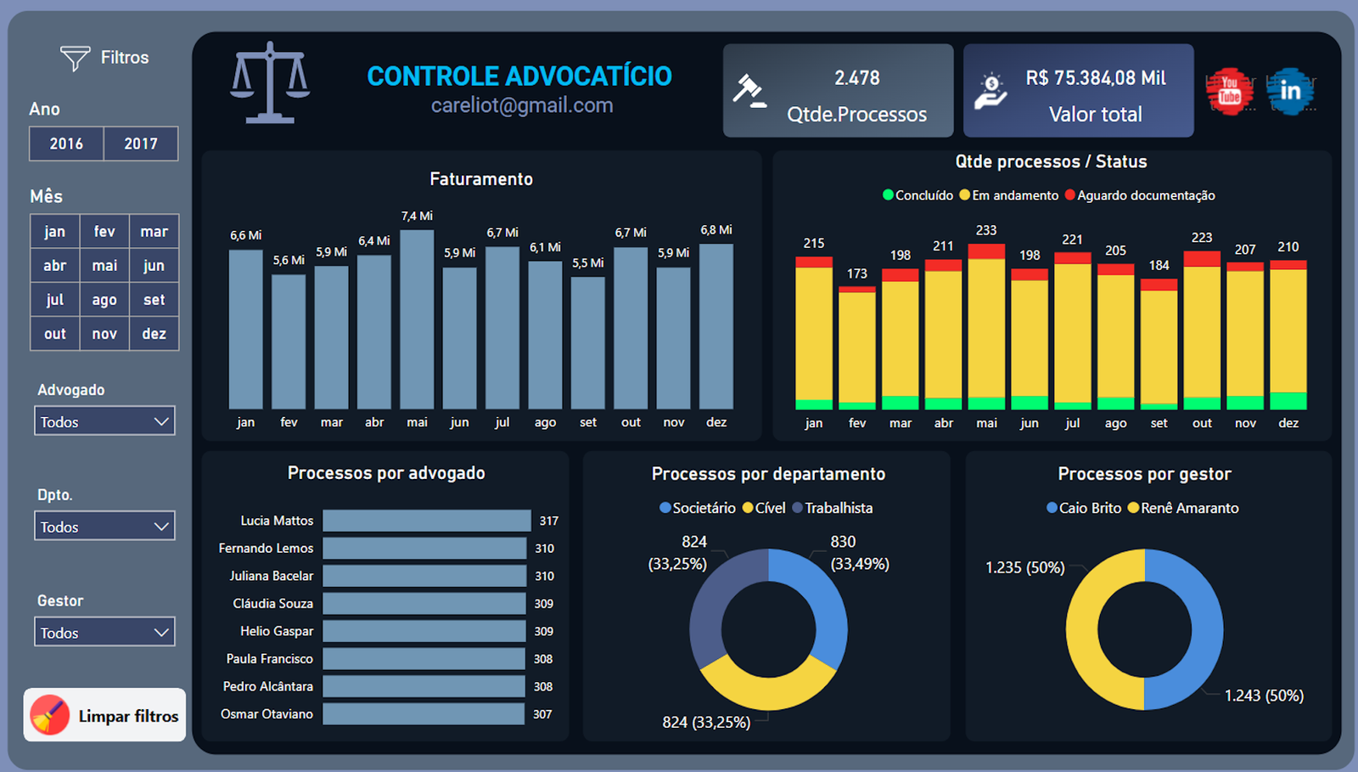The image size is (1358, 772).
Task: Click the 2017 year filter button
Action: pyautogui.click(x=141, y=144)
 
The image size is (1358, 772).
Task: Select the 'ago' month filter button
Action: pyautogui.click(x=104, y=300)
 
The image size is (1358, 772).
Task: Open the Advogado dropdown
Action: pyautogui.click(x=104, y=421)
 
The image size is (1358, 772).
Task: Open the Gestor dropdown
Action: pyautogui.click(x=104, y=633)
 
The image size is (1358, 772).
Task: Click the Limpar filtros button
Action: pyautogui.click(x=104, y=715)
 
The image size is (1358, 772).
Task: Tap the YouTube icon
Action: pyautogui.click(x=1230, y=91)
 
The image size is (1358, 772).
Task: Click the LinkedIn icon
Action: pyautogui.click(x=1290, y=91)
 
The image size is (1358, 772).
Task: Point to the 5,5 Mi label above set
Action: pyautogui.click(x=587, y=263)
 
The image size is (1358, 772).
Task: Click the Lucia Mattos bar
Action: pyautogui.click(x=426, y=521)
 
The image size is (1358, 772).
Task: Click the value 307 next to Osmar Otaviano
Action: pyautogui.click(x=542, y=714)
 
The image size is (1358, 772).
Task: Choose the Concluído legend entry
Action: pyautogui.click(x=918, y=195)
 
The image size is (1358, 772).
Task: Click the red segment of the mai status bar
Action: pyautogui.click(x=986, y=251)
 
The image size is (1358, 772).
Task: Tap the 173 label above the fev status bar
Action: pyautogui.click(x=857, y=273)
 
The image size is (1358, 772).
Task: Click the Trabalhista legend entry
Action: pyautogui.click(x=833, y=508)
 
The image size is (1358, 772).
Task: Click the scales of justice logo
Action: pyautogui.click(x=270, y=82)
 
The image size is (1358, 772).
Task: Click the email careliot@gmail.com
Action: pyautogui.click(x=521, y=105)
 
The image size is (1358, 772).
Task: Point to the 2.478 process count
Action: pyautogui.click(x=856, y=78)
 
